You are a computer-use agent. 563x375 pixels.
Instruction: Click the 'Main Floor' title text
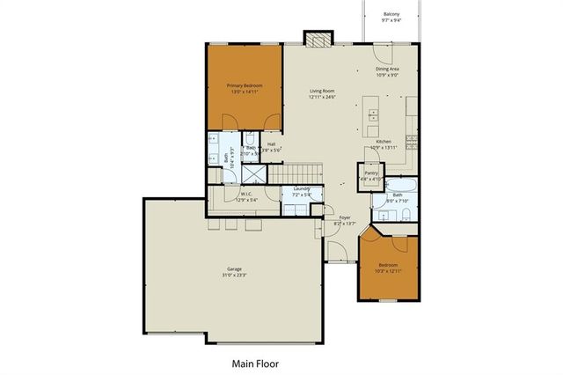[255, 362]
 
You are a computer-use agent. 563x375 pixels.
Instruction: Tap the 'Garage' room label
[233, 268]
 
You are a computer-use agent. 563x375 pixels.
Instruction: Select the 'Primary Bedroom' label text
[245, 85]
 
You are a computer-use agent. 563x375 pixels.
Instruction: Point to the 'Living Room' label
[321, 91]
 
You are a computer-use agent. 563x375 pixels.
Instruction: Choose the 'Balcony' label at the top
[391, 14]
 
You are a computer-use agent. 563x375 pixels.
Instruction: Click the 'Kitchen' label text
[384, 142]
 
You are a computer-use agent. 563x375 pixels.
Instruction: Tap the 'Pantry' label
[370, 173]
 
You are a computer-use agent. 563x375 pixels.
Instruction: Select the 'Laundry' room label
[301, 188]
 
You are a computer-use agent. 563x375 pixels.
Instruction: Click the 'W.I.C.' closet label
[245, 194]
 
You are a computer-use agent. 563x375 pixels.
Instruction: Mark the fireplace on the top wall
[316, 38]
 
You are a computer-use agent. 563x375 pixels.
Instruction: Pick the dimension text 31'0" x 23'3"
[233, 276]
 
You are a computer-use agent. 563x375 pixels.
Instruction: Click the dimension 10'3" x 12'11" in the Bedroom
[388, 271]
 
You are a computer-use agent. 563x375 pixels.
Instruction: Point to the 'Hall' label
[272, 143]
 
